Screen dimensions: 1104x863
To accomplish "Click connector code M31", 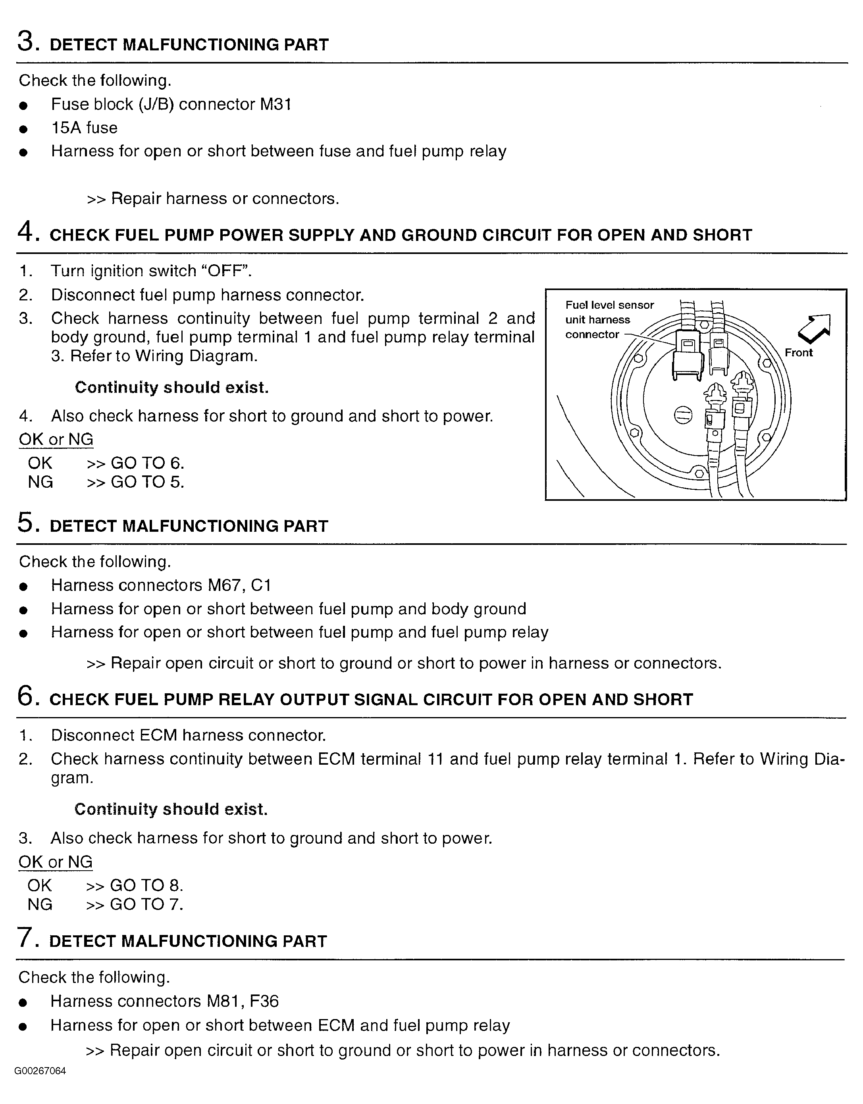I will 275,105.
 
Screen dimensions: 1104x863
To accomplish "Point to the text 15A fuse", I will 85,128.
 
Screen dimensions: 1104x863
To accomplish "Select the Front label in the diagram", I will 798,353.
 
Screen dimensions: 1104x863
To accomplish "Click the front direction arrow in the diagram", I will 814,327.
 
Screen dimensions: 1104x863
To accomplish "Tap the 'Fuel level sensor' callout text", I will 609,305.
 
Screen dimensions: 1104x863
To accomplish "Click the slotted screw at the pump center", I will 682,415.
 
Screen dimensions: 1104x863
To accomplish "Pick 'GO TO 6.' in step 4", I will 147,463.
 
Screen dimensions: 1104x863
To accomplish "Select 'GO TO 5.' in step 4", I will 147,482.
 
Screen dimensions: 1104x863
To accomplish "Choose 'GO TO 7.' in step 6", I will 146,904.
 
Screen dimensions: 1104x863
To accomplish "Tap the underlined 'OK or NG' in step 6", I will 56,862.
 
